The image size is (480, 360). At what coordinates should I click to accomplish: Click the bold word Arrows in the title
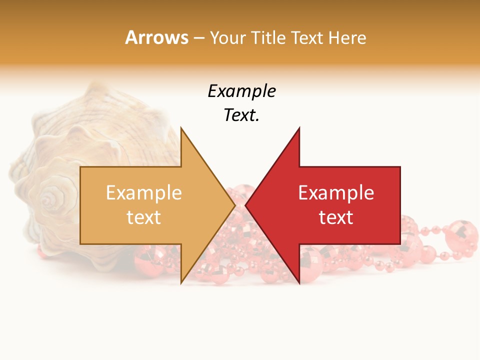(156, 37)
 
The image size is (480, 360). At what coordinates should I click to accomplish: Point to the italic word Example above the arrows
(241, 91)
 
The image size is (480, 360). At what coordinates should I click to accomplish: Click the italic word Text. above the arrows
(241, 115)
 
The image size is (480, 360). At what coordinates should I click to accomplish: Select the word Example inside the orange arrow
(144, 192)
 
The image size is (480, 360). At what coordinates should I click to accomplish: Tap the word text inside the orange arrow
(144, 217)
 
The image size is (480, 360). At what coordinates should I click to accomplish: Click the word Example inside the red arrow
(336, 192)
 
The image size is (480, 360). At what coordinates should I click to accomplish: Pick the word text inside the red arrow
(336, 217)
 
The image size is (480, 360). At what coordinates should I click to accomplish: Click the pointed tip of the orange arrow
(235, 205)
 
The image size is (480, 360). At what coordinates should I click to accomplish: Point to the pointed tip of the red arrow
(245, 205)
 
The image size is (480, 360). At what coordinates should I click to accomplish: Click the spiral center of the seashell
(48, 199)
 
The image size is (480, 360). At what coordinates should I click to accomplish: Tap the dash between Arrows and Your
(198, 38)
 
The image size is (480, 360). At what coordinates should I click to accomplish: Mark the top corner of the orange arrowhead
(181, 128)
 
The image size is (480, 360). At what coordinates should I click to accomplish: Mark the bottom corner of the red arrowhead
(299, 283)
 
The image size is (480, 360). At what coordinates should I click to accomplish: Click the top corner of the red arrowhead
(299, 128)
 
